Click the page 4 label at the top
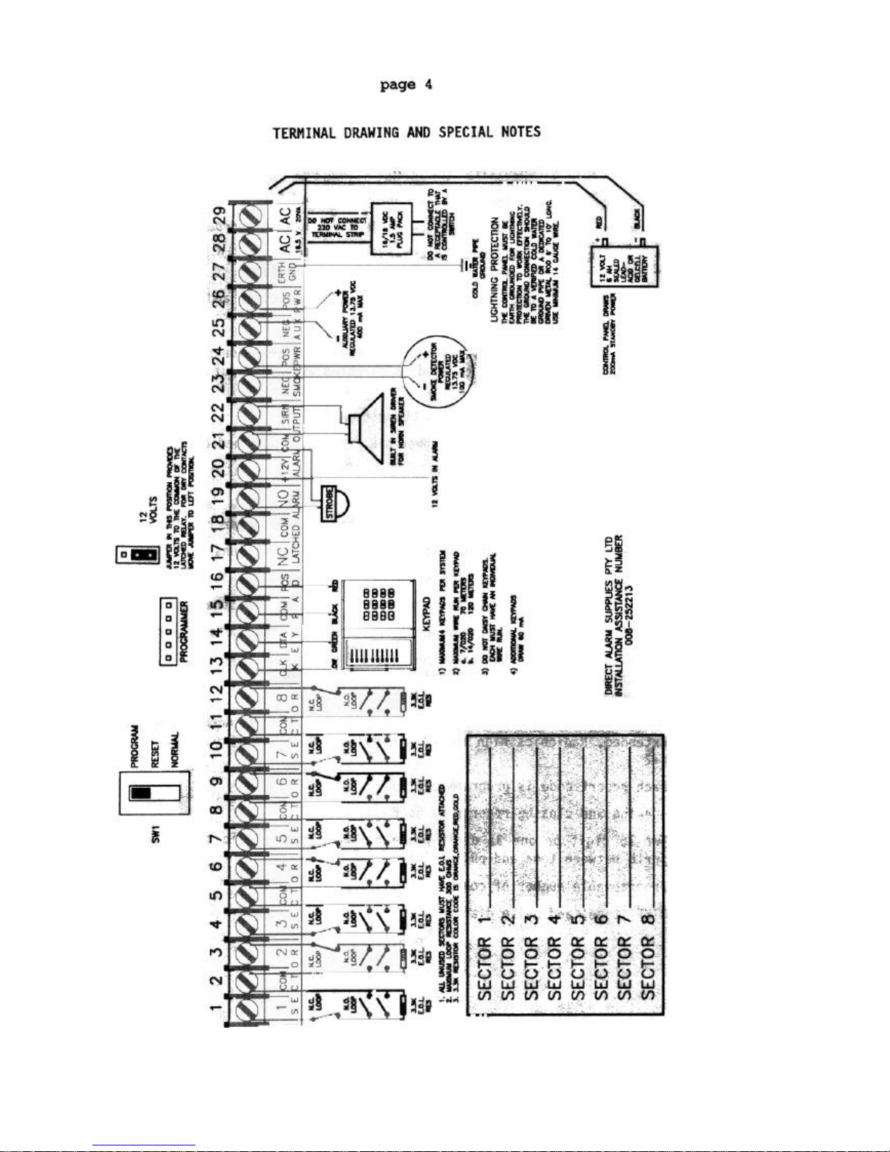click(406, 85)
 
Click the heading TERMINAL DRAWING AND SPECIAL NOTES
click(406, 133)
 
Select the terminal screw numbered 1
click(250, 1008)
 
